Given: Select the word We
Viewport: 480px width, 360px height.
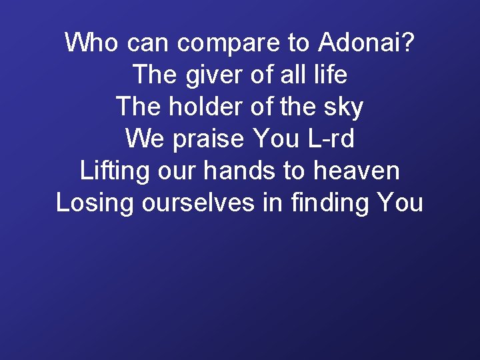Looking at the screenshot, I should [141, 139].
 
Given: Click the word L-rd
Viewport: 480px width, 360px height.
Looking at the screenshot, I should [331, 139].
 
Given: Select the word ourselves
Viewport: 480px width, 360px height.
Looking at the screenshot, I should [198, 203].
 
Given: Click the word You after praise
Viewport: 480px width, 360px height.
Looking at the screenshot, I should [277, 139].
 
